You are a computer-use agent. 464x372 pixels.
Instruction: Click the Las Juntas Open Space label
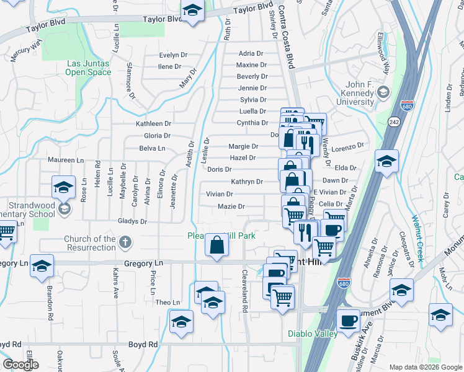(x=89, y=68)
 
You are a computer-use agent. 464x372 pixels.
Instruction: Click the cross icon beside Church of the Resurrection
(x=124, y=242)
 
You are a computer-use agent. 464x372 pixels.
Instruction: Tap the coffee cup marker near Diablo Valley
(x=348, y=321)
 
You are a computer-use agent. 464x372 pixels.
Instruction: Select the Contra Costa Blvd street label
(x=287, y=31)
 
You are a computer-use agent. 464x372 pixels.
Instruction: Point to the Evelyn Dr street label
(x=173, y=55)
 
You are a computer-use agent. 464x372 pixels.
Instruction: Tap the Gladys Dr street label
(x=133, y=221)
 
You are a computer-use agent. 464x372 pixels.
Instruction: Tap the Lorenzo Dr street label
(x=346, y=147)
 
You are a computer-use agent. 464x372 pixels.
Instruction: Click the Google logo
(x=20, y=365)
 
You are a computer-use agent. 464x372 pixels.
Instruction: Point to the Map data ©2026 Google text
(x=425, y=367)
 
